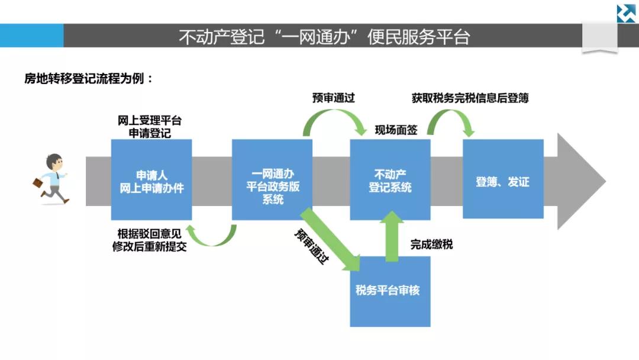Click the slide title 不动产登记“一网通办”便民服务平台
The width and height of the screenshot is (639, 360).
point(324,37)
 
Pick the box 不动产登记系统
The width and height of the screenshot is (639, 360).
point(390,180)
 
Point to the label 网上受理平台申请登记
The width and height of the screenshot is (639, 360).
point(150,127)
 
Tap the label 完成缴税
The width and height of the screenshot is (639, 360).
point(431,243)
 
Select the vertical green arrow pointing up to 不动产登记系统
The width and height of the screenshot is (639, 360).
point(391,237)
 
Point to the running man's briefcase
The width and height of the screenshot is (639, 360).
point(38,182)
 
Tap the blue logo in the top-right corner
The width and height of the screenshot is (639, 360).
point(626,13)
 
